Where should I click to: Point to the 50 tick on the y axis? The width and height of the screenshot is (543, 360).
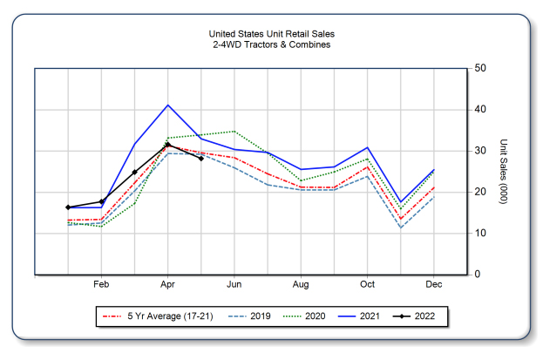tap(480, 69)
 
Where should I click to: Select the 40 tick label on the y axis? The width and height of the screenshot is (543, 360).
tap(480, 110)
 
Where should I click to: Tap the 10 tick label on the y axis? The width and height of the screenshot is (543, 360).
tap(480, 234)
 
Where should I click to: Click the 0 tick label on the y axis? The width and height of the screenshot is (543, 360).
tap(478, 275)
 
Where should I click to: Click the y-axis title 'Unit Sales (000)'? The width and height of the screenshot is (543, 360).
tap(504, 171)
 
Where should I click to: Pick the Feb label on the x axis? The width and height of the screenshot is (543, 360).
tap(101, 286)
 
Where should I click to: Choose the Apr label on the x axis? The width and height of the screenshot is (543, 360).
tap(168, 286)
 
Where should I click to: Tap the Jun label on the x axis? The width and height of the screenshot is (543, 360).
tap(234, 286)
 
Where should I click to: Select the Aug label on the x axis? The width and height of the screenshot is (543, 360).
tap(301, 286)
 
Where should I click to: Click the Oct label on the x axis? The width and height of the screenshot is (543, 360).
tap(368, 286)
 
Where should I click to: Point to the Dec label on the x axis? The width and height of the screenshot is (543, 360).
tap(434, 286)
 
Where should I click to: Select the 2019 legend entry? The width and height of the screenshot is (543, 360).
tap(251, 316)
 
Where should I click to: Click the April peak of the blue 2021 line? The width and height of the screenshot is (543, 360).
tap(168, 105)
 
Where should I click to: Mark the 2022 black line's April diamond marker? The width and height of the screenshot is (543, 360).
tap(168, 145)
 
